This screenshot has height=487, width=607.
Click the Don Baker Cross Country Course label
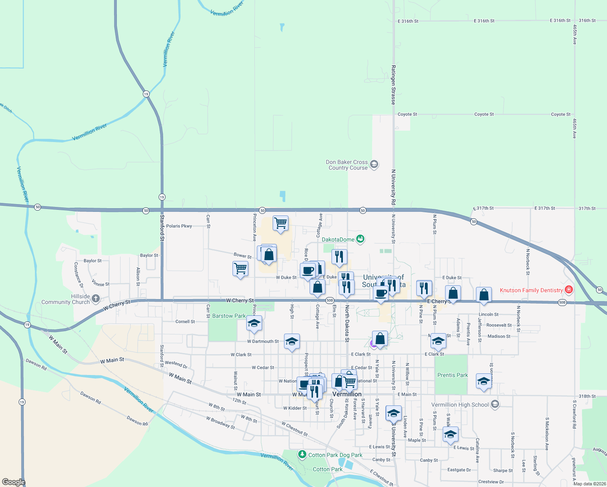(x=347, y=165)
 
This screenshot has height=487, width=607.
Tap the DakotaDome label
(x=338, y=239)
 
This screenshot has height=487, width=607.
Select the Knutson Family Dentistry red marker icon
(x=569, y=289)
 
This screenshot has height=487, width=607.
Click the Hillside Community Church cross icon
(x=96, y=299)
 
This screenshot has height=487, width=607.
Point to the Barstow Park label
(x=229, y=316)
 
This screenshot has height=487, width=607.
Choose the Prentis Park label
(x=452, y=375)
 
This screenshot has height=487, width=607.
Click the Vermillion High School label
(x=460, y=405)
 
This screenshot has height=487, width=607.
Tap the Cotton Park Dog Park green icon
(x=302, y=454)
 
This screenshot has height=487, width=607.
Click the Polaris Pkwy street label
(x=179, y=226)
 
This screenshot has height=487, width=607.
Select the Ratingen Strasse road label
(x=393, y=85)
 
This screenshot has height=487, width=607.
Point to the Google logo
(x=13, y=482)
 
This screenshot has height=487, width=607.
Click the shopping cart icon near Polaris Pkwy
(x=280, y=223)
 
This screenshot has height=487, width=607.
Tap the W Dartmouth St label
(x=263, y=341)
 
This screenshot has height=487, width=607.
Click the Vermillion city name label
(x=347, y=394)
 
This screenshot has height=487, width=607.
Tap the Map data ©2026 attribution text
(x=590, y=484)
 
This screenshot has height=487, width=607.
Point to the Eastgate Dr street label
(x=459, y=470)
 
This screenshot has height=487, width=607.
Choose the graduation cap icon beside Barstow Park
(x=254, y=323)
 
